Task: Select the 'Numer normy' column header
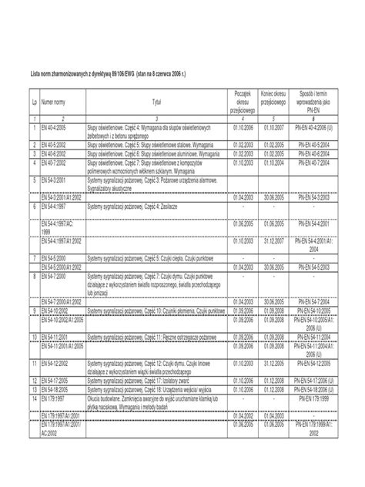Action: [55, 101]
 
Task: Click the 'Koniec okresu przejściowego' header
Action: [274, 97]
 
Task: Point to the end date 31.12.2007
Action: [274, 240]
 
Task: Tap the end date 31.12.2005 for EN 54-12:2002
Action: [274, 362]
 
